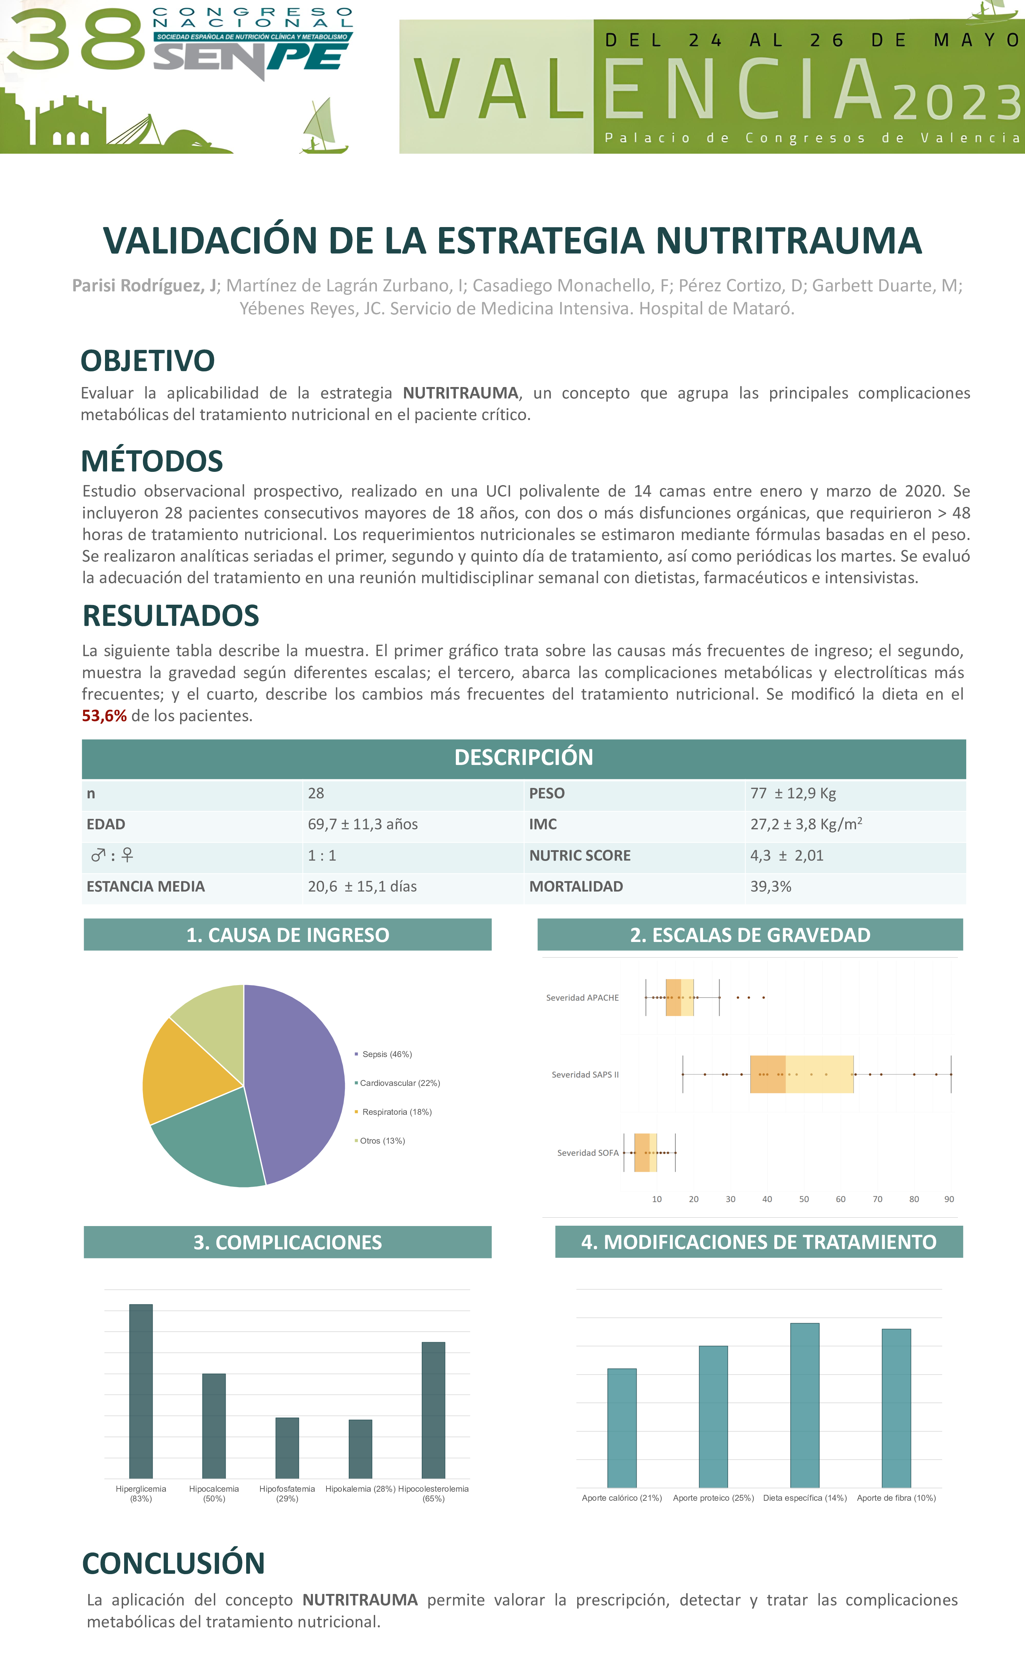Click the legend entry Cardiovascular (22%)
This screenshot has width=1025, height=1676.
400,1083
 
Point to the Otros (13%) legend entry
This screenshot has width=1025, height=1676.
382,1141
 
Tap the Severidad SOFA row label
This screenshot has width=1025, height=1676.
588,1153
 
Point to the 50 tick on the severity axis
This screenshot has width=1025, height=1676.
804,1199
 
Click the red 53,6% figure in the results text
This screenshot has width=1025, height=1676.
104,716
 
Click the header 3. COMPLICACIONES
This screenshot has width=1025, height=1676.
287,1242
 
